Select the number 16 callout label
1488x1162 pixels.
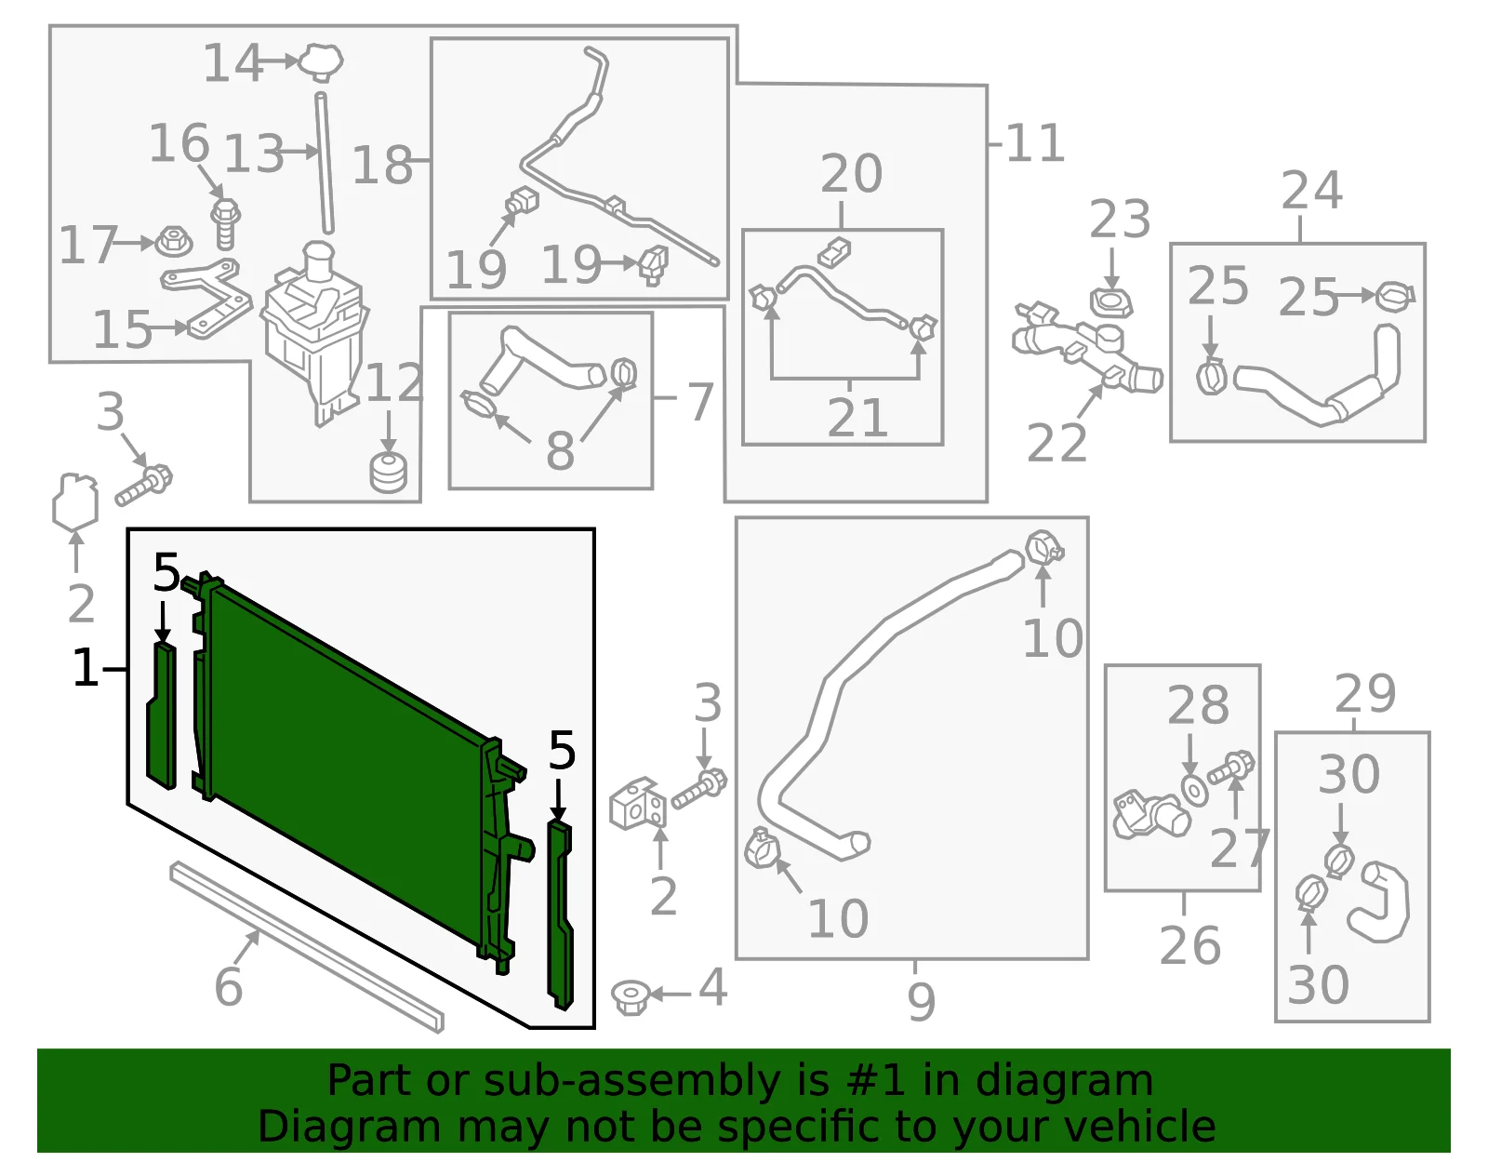coord(179,143)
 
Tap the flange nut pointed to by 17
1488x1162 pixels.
coord(174,242)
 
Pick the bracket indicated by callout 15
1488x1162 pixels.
coord(207,298)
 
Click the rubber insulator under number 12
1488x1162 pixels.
coord(388,473)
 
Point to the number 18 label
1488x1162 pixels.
coord(382,165)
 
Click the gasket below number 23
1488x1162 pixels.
coord(1110,303)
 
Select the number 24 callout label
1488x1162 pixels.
coord(1311,190)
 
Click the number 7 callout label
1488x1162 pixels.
coord(700,402)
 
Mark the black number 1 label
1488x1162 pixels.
coord(86,667)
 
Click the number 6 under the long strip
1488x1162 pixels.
coord(229,986)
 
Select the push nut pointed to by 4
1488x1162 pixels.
coord(629,997)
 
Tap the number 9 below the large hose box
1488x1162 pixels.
coord(921,1001)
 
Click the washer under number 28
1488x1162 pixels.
coord(1195,792)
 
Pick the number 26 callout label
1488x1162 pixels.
coord(1190,945)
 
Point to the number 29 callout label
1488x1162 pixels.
coord(1364,694)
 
